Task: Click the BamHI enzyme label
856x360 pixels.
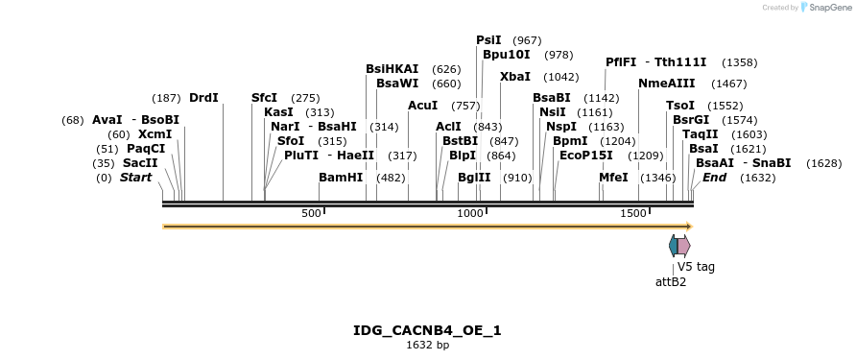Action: (341, 178)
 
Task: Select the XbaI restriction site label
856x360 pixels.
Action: (514, 77)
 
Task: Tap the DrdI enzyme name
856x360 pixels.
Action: (203, 98)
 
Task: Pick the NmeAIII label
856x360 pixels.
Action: (666, 84)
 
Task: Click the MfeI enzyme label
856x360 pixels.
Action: (613, 178)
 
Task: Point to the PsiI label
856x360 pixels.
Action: (488, 40)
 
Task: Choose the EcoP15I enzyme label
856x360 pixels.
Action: (585, 156)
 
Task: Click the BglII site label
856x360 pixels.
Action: (474, 178)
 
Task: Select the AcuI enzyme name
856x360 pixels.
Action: (422, 106)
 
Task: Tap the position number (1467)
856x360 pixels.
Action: (728, 84)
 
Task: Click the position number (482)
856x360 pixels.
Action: (391, 179)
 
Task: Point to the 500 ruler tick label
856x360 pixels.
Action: (311, 213)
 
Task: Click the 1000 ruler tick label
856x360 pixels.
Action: (469, 213)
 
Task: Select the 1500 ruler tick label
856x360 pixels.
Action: (632, 213)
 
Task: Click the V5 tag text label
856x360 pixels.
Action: (696, 267)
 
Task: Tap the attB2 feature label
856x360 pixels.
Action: (671, 282)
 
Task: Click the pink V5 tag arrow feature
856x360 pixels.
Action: (682, 246)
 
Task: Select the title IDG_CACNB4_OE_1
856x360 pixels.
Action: (427, 330)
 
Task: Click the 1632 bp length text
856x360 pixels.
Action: (427, 346)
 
